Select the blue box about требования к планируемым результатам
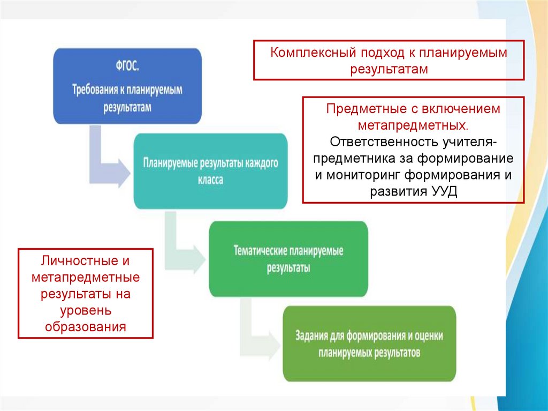pos(128,86)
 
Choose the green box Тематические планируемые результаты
pos(288,259)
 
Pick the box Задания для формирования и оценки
pos(369,343)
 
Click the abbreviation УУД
pos(444,192)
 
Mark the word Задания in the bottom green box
pos(313,336)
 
